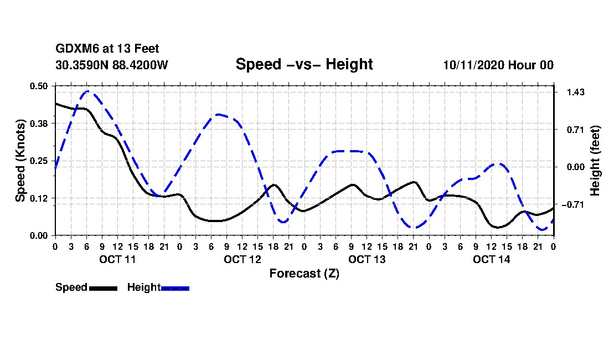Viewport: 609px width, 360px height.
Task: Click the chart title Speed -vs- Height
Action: (x=304, y=64)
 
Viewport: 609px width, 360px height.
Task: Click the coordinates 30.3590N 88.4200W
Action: (x=112, y=65)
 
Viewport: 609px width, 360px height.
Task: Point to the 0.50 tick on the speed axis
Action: (x=39, y=86)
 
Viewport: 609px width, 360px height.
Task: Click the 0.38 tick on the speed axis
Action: (x=39, y=123)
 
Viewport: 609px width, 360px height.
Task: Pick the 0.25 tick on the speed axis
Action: (x=39, y=161)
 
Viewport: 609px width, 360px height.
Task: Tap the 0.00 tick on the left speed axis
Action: (x=39, y=235)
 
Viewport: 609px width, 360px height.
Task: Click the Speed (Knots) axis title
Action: (x=20, y=161)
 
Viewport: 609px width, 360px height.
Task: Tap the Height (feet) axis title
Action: (x=596, y=161)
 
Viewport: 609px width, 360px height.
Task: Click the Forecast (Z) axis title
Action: (x=304, y=273)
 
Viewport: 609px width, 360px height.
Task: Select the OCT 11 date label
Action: (x=117, y=259)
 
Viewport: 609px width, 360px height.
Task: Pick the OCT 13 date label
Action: (x=367, y=259)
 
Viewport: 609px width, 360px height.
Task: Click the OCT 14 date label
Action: (x=491, y=259)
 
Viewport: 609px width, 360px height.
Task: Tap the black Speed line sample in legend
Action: (x=103, y=288)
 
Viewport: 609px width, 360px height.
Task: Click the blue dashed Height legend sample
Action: (x=175, y=288)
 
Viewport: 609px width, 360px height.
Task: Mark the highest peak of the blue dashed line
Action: (x=87, y=91)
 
